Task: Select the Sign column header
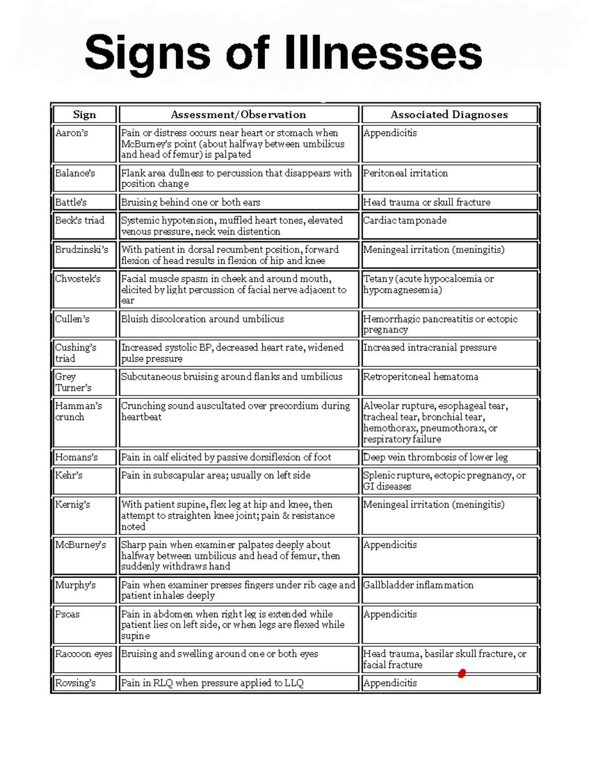(84, 115)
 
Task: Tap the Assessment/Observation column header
(238, 115)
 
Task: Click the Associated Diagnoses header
(449, 115)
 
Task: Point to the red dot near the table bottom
(461, 673)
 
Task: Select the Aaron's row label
(71, 133)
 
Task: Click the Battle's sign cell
(71, 202)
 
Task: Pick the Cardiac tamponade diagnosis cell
(405, 220)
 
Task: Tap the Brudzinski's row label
(81, 249)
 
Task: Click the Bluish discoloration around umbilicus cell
(202, 319)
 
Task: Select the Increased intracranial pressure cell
(429, 347)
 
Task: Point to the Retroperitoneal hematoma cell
(421, 377)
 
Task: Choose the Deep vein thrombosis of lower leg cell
(435, 457)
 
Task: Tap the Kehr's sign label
(69, 475)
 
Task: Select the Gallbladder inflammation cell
(418, 585)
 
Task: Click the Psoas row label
(67, 614)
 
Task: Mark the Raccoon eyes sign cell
(84, 654)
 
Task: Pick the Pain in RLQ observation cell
(212, 683)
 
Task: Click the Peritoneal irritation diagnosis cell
(405, 173)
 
